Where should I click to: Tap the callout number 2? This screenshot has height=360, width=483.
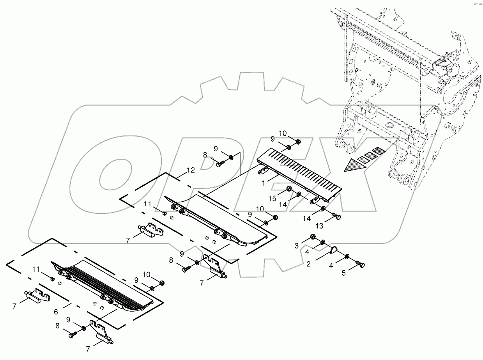coord(308,264)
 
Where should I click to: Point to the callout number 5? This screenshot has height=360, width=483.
coord(343,273)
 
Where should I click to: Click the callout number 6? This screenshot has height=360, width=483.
coord(56,312)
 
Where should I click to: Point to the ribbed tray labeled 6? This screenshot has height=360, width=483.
coord(107,287)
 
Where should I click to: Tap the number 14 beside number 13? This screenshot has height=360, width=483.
coord(307,218)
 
